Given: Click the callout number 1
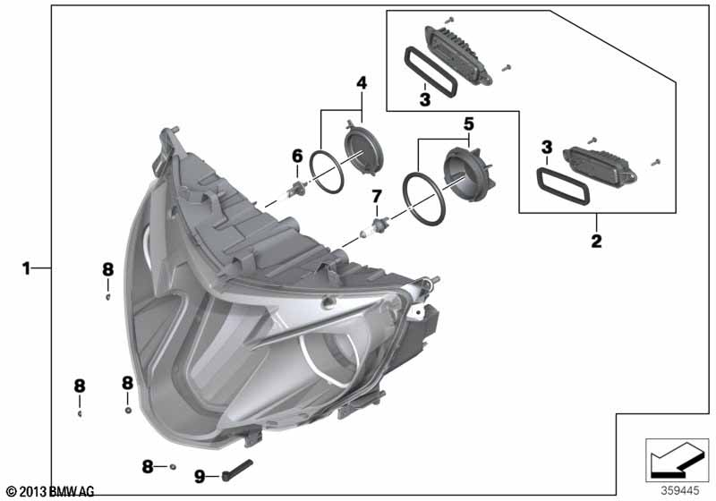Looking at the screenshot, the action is click(x=26, y=268).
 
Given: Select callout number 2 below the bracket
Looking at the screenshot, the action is click(x=596, y=241).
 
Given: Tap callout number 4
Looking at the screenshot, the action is click(x=362, y=83).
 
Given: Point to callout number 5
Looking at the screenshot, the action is click(x=468, y=123).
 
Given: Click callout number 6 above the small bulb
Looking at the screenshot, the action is click(x=297, y=156).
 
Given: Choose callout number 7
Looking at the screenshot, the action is click(x=376, y=197).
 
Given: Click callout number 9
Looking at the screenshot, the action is click(x=200, y=477).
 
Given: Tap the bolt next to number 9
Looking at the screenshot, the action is click(x=237, y=470).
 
